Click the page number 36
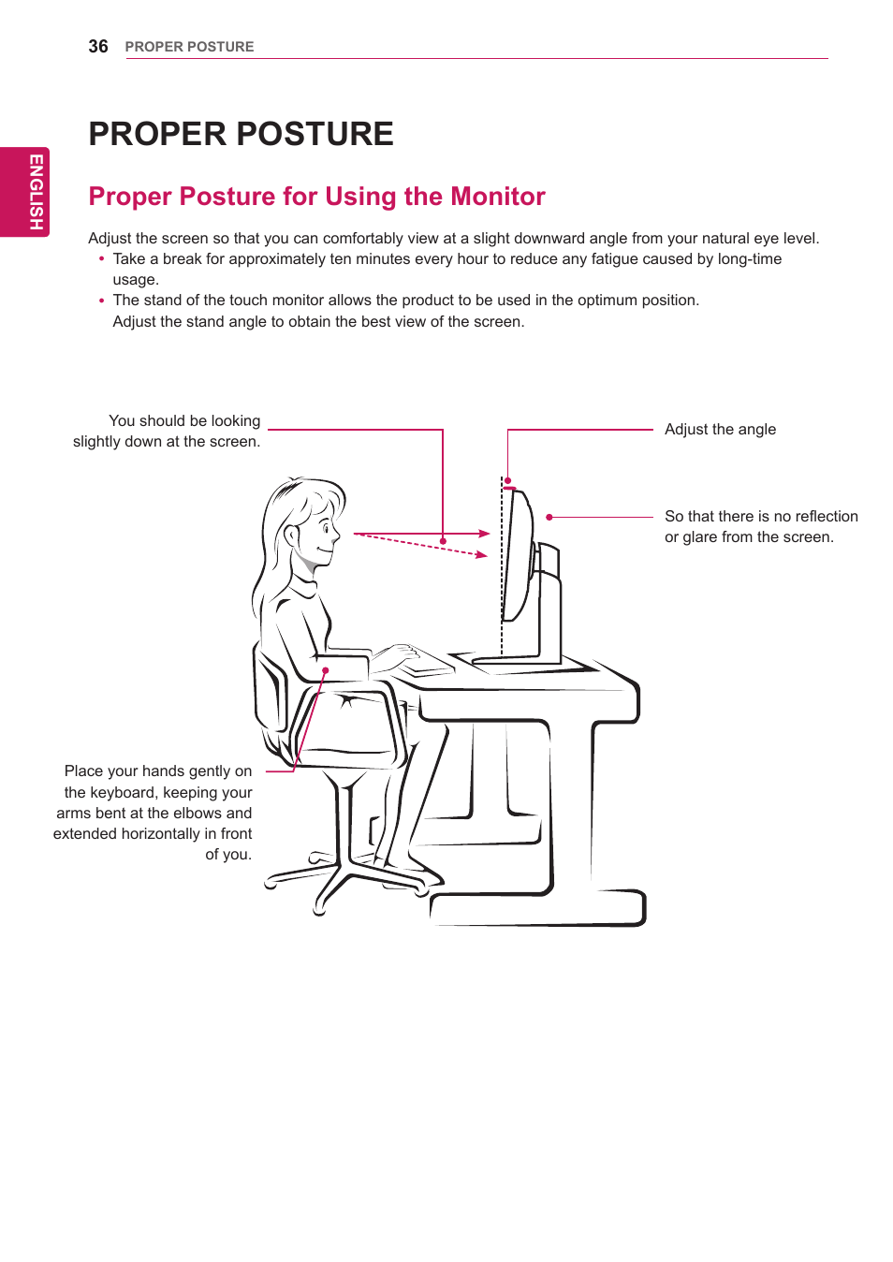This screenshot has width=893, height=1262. click(98, 47)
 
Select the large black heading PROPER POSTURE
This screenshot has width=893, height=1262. click(241, 134)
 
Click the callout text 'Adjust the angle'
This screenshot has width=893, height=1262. click(720, 430)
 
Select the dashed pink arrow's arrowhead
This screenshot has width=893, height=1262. click(482, 555)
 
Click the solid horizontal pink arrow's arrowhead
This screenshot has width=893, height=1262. click(485, 534)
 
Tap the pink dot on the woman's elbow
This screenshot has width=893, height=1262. click(326, 671)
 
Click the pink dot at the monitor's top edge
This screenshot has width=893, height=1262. click(507, 480)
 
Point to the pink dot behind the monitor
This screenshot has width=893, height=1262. click(549, 517)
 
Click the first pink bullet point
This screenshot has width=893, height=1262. click(102, 259)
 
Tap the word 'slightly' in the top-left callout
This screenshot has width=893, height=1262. click(97, 442)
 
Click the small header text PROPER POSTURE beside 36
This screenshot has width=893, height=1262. click(189, 47)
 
